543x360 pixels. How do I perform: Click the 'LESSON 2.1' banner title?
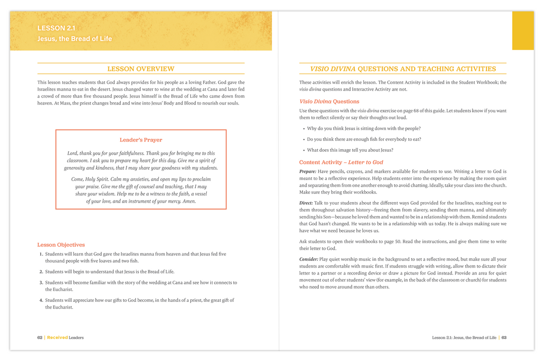click(x=57, y=28)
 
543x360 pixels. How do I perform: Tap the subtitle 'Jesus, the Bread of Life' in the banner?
click(x=74, y=39)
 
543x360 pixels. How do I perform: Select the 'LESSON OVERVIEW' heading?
click(x=140, y=69)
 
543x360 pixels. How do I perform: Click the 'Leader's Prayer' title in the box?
click(x=140, y=140)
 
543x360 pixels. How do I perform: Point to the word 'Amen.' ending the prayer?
click(x=187, y=202)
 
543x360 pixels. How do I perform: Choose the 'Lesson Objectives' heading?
click(x=61, y=245)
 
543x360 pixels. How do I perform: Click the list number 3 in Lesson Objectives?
click(x=41, y=283)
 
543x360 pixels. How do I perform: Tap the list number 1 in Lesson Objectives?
click(x=41, y=254)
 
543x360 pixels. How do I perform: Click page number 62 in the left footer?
click(x=40, y=338)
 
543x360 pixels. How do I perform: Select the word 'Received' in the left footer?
click(x=57, y=338)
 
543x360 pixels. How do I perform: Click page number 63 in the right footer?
click(x=504, y=338)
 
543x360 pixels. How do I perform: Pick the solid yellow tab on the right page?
click(x=522, y=31)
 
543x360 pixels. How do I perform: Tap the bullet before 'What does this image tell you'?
click(x=303, y=151)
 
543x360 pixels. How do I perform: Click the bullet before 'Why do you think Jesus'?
click(x=303, y=129)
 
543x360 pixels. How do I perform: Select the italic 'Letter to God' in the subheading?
click(x=366, y=163)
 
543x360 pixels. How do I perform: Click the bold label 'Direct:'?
click(x=306, y=203)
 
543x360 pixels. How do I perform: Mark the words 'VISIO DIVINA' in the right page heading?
click(x=332, y=69)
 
